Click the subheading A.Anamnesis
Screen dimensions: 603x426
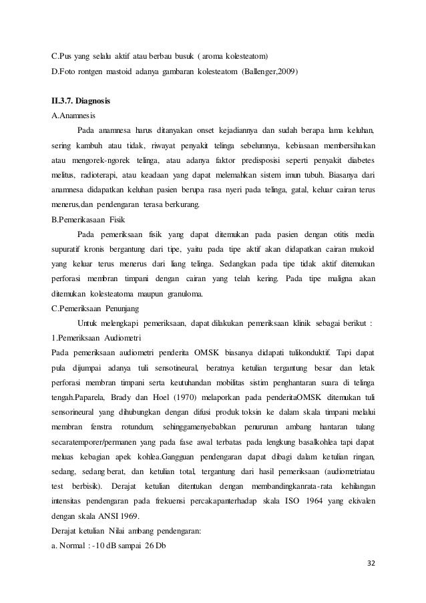pos(73,116)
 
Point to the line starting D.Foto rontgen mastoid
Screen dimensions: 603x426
pos(175,71)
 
